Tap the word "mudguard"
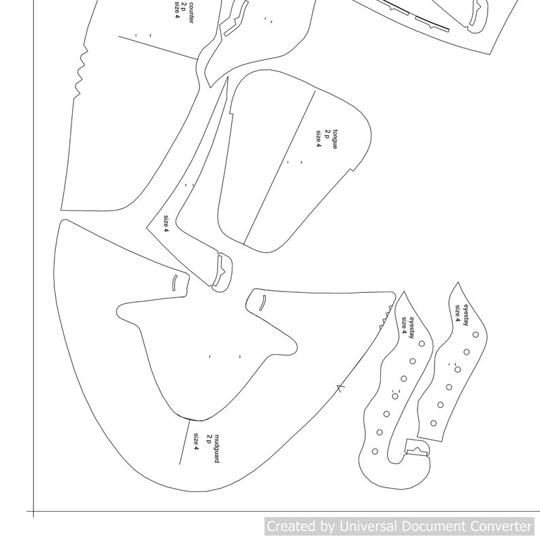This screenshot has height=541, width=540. tap(217, 449)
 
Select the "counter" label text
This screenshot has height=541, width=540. tap(191, 9)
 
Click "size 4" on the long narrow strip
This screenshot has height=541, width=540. tap(165, 224)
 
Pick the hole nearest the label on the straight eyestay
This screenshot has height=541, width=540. tap(475, 335)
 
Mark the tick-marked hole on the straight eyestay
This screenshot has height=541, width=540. tap(457, 370)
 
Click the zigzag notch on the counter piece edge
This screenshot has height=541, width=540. tap(79, 71)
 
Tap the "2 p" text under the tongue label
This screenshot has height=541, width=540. tap(326, 135)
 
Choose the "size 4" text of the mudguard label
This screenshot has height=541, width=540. tap(196, 442)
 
